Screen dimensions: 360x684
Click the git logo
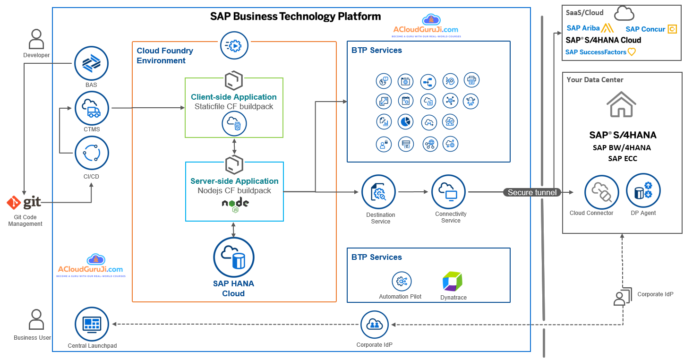[24, 203]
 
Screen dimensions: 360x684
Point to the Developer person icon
[36, 39]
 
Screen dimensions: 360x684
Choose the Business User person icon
[36, 319]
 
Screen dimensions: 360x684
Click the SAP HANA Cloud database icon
[233, 257]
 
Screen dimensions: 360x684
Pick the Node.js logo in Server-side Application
[235, 204]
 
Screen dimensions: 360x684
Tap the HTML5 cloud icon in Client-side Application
[234, 124]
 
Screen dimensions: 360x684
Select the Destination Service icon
[379, 192]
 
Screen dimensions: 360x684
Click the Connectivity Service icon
[449, 192]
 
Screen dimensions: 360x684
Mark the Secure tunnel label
[532, 192]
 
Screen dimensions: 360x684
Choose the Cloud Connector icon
[601, 192]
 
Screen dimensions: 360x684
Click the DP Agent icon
[643, 191]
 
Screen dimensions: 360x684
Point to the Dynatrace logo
[453, 282]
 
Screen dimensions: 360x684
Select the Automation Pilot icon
[402, 281]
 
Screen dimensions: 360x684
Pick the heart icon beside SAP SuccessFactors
[631, 52]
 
